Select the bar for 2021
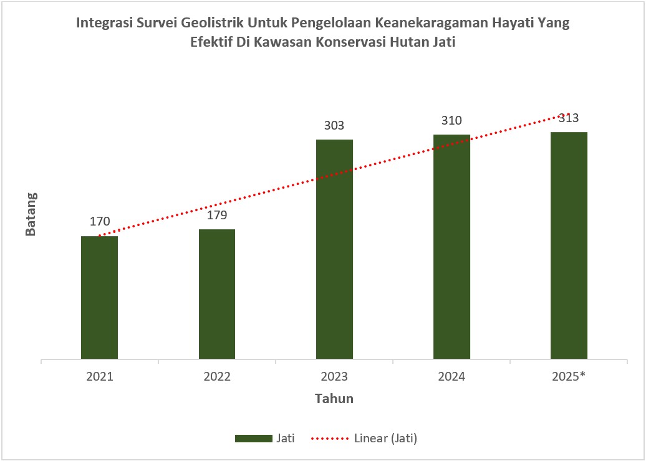coord(99,298)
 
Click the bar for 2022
coord(217,294)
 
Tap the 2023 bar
coord(334,249)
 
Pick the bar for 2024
coord(451,247)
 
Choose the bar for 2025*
coord(569,245)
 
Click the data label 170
coord(100,221)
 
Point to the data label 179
coord(217,215)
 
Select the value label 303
coord(334,125)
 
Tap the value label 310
coord(451,120)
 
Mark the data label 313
coord(569,118)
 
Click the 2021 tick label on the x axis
coord(100,377)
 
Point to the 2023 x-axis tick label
coord(334,377)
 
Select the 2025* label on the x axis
coord(569,377)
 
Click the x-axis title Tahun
coord(334,399)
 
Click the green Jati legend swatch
coord(253,439)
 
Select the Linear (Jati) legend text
coord(385,439)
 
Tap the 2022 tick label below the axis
coord(217,377)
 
